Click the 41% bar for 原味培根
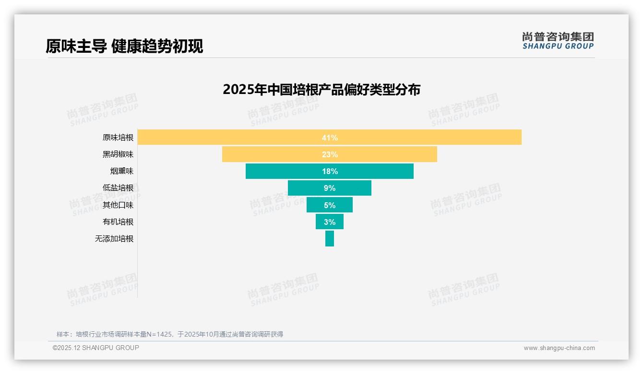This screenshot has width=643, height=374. [x=329, y=138]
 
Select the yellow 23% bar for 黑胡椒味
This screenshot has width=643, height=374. [x=329, y=154]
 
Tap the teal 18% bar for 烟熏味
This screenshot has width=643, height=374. [x=329, y=171]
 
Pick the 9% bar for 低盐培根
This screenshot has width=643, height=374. [x=329, y=188]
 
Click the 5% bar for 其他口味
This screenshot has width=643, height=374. [x=329, y=205]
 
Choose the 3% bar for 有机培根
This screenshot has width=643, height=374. [x=329, y=222]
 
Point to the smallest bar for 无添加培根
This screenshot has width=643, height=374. [x=329, y=239]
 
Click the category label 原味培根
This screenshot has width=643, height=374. [x=118, y=138]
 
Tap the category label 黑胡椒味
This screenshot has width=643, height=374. [x=118, y=154]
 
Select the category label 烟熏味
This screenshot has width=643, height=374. [x=121, y=171]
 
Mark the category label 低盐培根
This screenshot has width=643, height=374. [x=118, y=188]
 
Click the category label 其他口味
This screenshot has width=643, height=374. [x=118, y=205]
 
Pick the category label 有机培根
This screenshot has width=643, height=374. [x=118, y=222]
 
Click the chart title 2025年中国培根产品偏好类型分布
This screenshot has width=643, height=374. [x=321, y=90]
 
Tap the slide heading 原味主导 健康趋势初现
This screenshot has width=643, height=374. [x=124, y=46]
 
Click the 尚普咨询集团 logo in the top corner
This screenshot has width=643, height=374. [x=558, y=41]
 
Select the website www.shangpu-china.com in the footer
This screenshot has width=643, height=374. [x=559, y=348]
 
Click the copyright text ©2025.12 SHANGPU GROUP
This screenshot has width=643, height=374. [x=96, y=348]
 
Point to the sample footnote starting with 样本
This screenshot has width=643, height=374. [x=170, y=334]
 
